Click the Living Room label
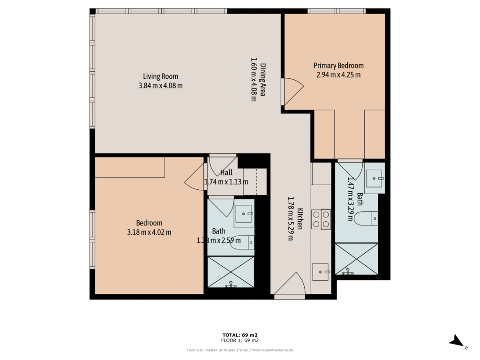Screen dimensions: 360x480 [160, 76]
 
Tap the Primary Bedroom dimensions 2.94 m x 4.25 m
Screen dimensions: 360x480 [338, 75]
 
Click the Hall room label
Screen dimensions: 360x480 [226, 173]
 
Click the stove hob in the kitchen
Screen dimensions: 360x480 [321, 219]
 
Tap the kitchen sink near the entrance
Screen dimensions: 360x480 [321, 271]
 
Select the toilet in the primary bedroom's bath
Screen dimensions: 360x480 [366, 217]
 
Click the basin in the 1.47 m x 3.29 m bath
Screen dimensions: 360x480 [375, 177]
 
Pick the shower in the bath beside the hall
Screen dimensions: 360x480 [231, 271]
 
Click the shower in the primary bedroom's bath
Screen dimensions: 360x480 [357, 258]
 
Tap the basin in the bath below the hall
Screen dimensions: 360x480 [244, 214]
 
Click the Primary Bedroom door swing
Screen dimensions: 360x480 [293, 91]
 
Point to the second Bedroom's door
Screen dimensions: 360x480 [195, 179]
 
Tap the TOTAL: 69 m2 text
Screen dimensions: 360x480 [240, 335]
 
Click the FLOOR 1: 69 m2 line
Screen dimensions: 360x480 [240, 340]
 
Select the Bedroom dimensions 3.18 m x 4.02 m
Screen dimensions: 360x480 [149, 232]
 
